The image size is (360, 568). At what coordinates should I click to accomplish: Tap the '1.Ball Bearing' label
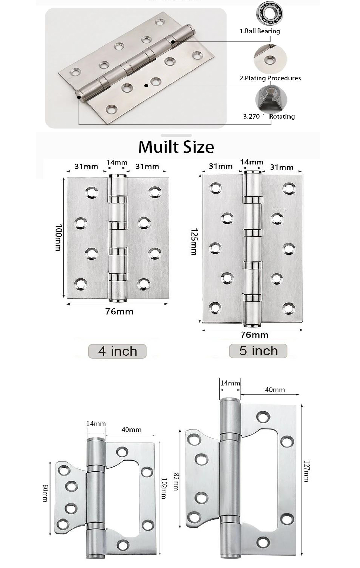coord(260,31)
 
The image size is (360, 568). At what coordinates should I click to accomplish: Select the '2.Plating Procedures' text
coord(270,78)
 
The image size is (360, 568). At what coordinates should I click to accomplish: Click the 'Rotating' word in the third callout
coord(282,116)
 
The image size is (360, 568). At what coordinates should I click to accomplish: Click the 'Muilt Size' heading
coord(176,147)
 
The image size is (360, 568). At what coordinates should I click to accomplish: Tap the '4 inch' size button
coord(117,351)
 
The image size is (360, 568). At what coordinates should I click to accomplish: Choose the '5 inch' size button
coord(258,351)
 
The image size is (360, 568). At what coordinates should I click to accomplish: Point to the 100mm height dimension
coord(58,237)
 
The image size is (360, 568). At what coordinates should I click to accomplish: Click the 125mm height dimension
coord(194,241)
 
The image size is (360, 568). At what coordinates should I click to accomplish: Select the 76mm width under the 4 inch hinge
coord(119,311)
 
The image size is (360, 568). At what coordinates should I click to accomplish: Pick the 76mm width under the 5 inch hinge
coord(254,335)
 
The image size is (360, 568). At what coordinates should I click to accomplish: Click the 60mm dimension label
coord(45,493)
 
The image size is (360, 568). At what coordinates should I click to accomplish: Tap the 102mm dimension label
coord(163,488)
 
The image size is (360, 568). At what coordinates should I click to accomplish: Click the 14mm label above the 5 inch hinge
coord(252,162)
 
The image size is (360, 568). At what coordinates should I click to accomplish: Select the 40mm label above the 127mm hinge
coord(275,390)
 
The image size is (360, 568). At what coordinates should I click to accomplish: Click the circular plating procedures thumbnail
coord(270,59)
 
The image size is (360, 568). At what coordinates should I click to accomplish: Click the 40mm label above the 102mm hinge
coord(132,430)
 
